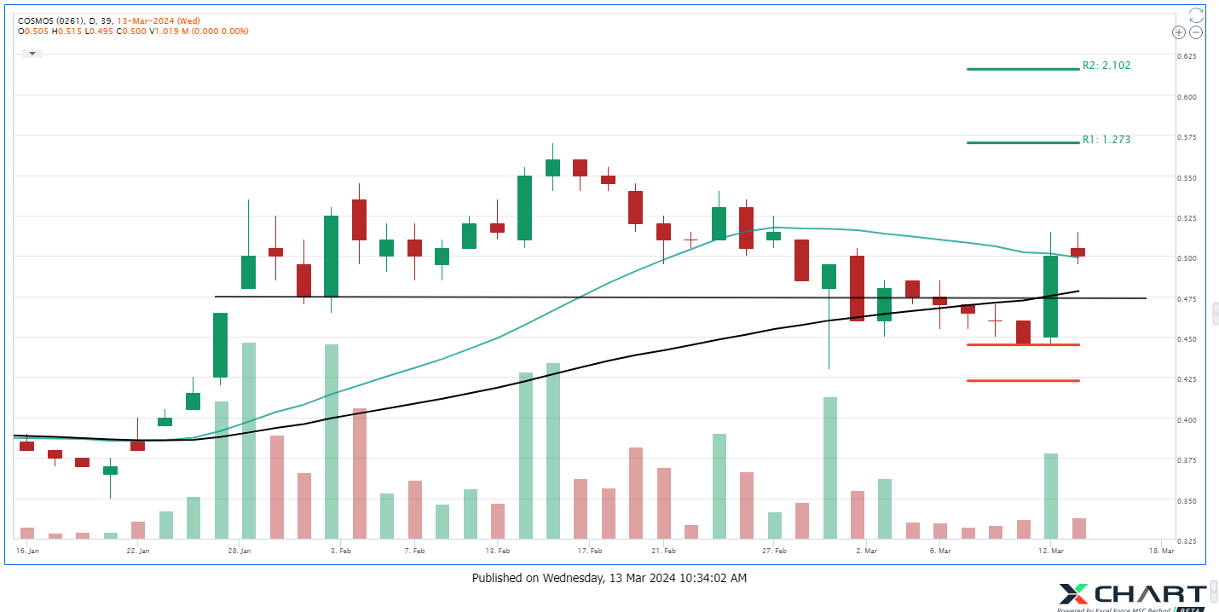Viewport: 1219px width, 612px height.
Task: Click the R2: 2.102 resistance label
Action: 1106,66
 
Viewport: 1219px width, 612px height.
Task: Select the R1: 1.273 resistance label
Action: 1106,139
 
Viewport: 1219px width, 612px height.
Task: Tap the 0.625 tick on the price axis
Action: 1187,56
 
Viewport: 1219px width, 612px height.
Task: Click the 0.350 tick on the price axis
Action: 1187,500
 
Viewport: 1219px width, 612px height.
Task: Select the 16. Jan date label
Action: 28,551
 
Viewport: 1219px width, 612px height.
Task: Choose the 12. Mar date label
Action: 1049,551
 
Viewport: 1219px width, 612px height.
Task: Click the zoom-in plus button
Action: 1179,32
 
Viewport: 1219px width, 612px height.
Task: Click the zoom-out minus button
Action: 1196,32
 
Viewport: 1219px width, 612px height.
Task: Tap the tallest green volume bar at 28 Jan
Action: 248,441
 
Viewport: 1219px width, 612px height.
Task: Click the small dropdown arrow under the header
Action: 32,53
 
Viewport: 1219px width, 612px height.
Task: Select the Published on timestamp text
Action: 609,578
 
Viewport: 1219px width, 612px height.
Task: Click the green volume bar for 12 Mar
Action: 1050,496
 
